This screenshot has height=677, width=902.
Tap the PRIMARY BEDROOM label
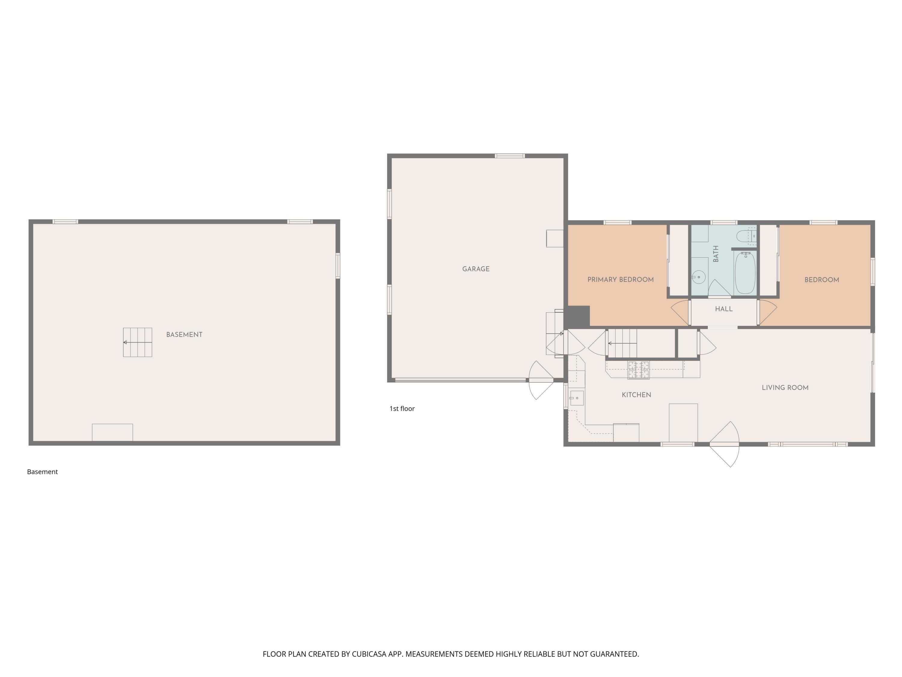pos(620,280)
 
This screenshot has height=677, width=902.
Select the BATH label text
pos(716,254)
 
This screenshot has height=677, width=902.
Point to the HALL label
pos(724,309)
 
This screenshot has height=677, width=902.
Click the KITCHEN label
pos(636,394)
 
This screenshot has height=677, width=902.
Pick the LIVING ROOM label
pos(785,388)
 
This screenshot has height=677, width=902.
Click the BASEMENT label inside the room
pos(184,335)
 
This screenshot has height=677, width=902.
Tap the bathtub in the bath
pos(745,273)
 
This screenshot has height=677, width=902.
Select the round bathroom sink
pos(698,277)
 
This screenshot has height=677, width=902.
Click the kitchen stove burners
pos(639,370)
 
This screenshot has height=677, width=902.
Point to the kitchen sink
pos(577,398)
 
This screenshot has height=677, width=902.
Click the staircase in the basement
pos(137,342)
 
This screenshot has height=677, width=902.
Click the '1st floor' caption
pos(402,409)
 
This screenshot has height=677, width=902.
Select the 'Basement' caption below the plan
pos(42,472)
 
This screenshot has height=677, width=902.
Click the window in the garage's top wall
pos(510,156)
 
